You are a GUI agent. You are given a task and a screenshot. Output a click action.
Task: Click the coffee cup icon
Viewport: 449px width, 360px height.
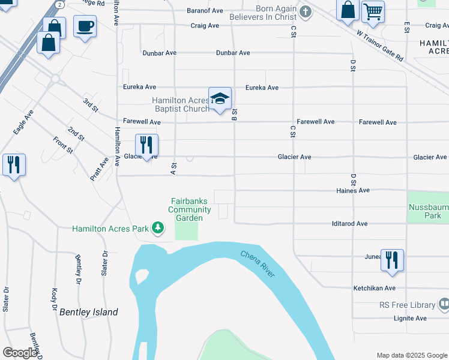pyautogui.click(x=85, y=26)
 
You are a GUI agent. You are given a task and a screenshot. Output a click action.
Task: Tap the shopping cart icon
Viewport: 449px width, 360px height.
pyautogui.click(x=373, y=11)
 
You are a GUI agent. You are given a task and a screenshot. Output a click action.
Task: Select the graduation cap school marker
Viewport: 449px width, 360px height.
pyautogui.click(x=220, y=98)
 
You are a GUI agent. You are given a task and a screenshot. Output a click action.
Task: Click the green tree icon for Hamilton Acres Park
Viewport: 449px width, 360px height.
pyautogui.click(x=158, y=228)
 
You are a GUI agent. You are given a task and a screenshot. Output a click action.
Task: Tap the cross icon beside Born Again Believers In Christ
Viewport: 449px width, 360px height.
pyautogui.click(x=306, y=11)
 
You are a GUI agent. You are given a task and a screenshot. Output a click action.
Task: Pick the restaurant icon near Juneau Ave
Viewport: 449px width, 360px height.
pyautogui.click(x=391, y=260)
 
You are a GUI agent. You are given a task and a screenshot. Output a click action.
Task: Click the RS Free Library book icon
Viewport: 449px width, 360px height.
pyautogui.click(x=443, y=305)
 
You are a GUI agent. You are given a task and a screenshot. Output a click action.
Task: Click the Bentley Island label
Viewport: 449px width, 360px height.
pyautogui.click(x=88, y=312)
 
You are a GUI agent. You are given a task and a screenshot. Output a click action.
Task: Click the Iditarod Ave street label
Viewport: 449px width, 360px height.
pyautogui.click(x=349, y=223)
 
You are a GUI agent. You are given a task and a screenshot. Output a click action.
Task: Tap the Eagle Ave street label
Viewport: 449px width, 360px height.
pyautogui.click(x=22, y=122)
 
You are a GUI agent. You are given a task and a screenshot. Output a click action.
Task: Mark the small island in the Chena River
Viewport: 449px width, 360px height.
pyautogui.click(x=142, y=277)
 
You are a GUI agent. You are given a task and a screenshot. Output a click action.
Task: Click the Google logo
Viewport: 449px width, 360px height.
pyautogui.click(x=20, y=353)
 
